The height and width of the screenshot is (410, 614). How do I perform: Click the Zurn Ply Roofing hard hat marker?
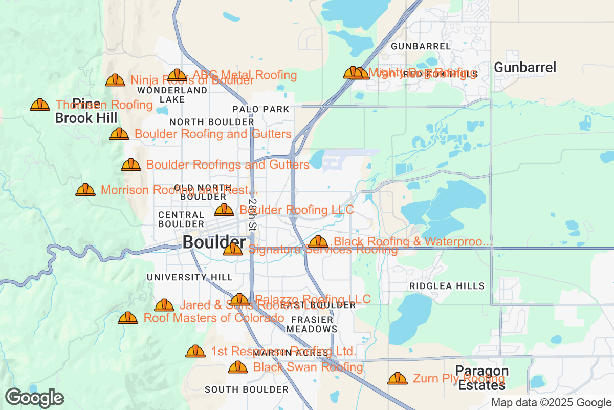398,379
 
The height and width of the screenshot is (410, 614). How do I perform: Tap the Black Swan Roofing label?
308,367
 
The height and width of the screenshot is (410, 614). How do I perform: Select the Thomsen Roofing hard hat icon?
40,105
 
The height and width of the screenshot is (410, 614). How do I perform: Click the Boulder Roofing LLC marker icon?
224,210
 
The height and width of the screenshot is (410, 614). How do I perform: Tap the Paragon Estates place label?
483,378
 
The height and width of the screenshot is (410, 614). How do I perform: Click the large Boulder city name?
214,242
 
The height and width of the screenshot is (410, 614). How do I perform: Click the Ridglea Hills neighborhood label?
447,286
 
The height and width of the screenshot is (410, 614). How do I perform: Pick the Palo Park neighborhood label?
260,109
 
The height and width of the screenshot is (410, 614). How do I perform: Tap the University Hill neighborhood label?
189,277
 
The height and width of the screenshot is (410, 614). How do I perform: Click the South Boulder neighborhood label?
247,389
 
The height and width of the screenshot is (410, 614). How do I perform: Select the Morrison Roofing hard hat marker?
85,190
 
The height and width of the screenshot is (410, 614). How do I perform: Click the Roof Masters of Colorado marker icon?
128,318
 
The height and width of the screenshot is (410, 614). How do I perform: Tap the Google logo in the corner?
34,398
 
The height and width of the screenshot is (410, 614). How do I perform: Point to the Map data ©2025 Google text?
551,402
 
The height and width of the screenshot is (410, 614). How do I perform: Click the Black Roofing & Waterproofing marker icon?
318,241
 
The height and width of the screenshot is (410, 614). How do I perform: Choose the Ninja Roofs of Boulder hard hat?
115,80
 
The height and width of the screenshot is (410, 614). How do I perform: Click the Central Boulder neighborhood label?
181,219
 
